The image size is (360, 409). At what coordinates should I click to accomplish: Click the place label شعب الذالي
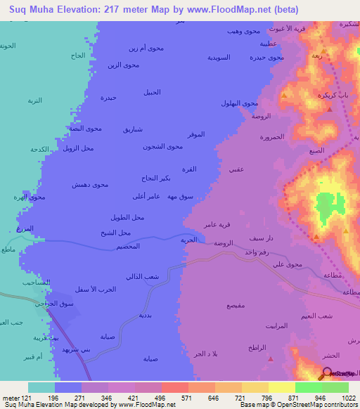(143, 276)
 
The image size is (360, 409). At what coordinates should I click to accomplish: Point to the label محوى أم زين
(146, 48)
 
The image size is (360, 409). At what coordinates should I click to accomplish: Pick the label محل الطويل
(127, 217)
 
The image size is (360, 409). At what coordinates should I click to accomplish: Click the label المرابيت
(278, 326)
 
